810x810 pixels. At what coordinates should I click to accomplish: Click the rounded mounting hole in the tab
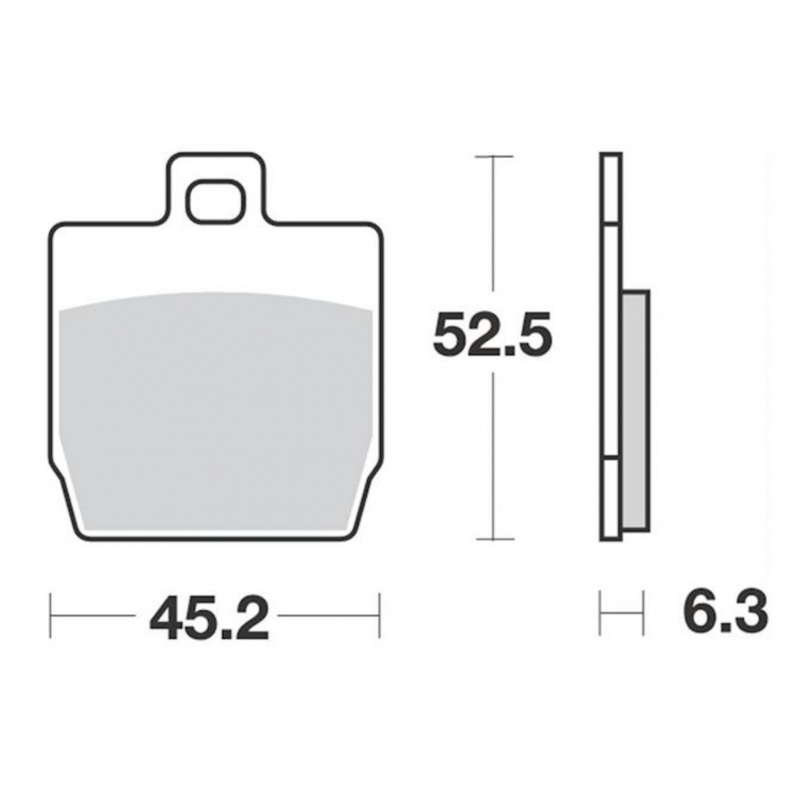pos(215,202)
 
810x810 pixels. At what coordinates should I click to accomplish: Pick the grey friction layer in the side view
pos(635,410)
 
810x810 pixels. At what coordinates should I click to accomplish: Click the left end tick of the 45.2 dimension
pos(50,616)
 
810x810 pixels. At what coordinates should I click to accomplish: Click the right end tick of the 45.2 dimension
pos(380,616)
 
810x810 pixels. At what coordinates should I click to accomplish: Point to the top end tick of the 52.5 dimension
pos(494,156)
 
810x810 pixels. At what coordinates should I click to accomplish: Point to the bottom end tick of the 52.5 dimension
pos(495,539)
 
